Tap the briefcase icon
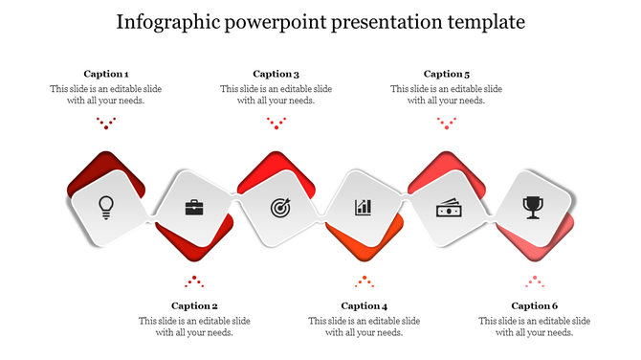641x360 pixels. [193, 206]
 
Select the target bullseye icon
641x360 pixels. [278, 206]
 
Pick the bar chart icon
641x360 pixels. [363, 206]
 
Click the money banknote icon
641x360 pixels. [449, 206]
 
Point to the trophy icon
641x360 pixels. [533, 206]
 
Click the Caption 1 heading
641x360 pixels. [106, 74]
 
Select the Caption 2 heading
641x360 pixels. [194, 306]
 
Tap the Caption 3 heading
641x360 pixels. [276, 74]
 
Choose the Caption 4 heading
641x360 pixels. [365, 306]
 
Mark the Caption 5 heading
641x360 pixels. [447, 74]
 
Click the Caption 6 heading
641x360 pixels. [535, 306]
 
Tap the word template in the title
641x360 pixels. [483, 22]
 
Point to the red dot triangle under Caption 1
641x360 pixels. [106, 123]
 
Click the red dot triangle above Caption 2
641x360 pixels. [194, 281]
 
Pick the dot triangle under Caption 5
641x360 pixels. [447, 123]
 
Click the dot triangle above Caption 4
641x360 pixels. [365, 281]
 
